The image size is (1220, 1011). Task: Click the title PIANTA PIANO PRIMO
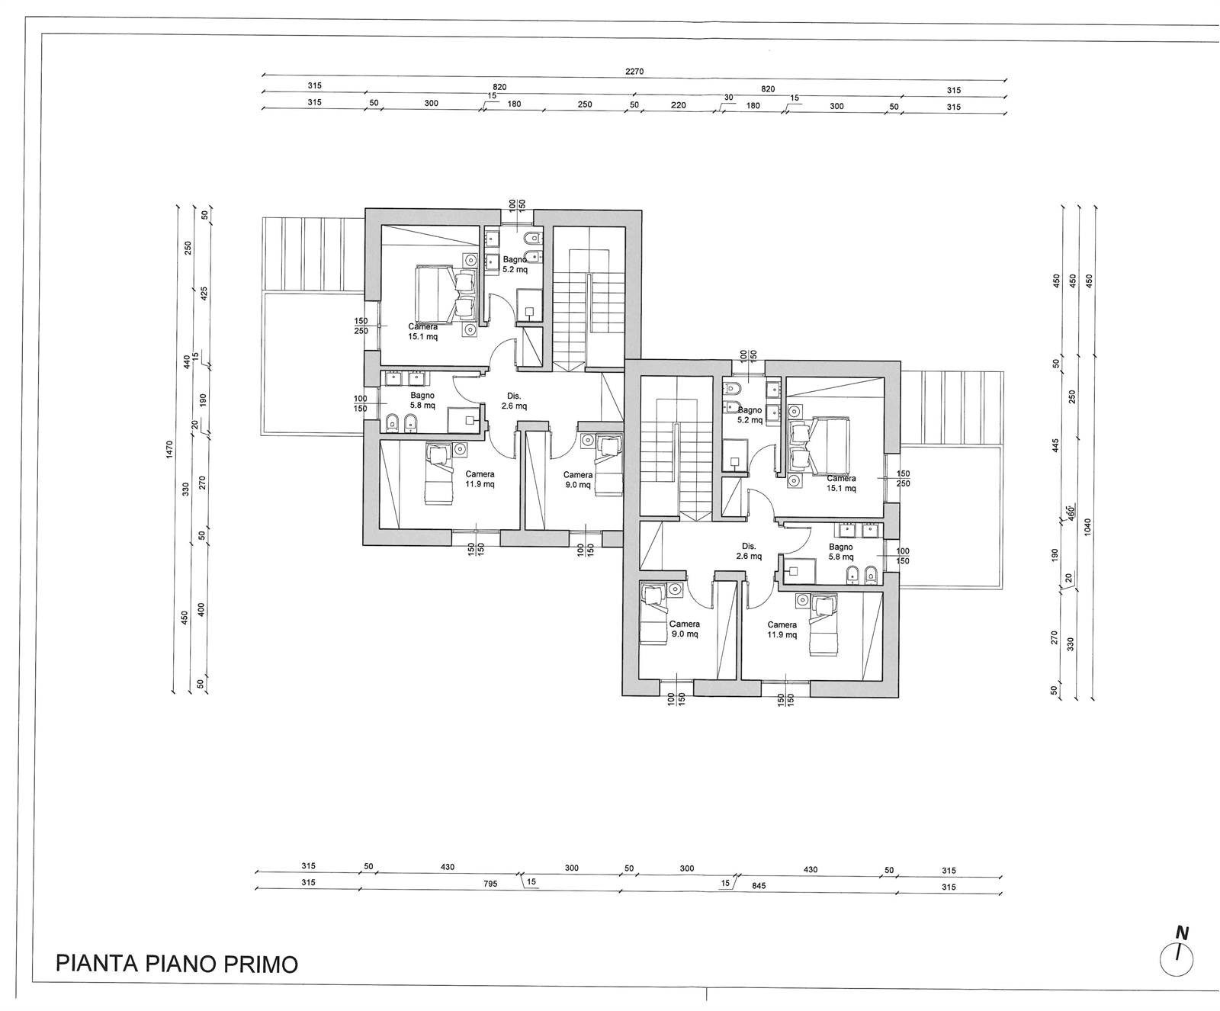point(177,963)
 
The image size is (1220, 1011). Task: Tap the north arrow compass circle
point(1177,959)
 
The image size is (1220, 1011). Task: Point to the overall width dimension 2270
point(634,72)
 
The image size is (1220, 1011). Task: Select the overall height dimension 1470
point(169,450)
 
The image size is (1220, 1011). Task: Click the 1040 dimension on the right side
point(1088,527)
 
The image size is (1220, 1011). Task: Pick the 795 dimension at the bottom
point(490,884)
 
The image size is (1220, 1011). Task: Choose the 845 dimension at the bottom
point(758,886)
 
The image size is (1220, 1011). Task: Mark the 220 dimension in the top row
point(679,105)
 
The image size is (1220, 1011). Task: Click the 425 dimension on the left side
point(204,294)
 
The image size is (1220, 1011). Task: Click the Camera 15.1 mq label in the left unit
point(422,332)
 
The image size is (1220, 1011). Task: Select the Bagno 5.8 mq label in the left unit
point(422,400)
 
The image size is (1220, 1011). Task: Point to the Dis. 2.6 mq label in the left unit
point(514,401)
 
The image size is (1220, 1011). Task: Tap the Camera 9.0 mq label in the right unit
point(684,628)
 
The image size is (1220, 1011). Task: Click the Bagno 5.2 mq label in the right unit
point(749,415)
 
